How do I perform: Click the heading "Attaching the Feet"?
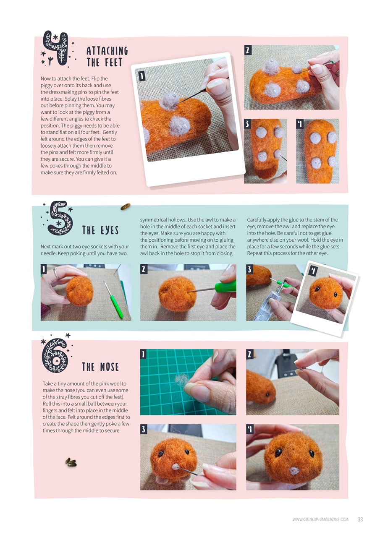click(107, 57)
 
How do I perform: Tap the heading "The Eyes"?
click(100, 230)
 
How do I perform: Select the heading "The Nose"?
click(100, 367)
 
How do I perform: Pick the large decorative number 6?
click(56, 356)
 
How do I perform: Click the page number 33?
click(360, 519)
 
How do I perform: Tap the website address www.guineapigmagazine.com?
click(320, 519)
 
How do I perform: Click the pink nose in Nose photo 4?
click(294, 471)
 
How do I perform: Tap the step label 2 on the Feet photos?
click(248, 50)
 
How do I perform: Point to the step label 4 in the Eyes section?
click(312, 271)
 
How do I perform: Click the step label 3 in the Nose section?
click(144, 429)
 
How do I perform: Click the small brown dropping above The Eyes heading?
click(125, 206)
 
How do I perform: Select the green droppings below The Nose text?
click(71, 462)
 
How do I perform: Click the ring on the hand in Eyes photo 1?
click(56, 274)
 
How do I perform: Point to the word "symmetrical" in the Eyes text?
click(153, 220)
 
